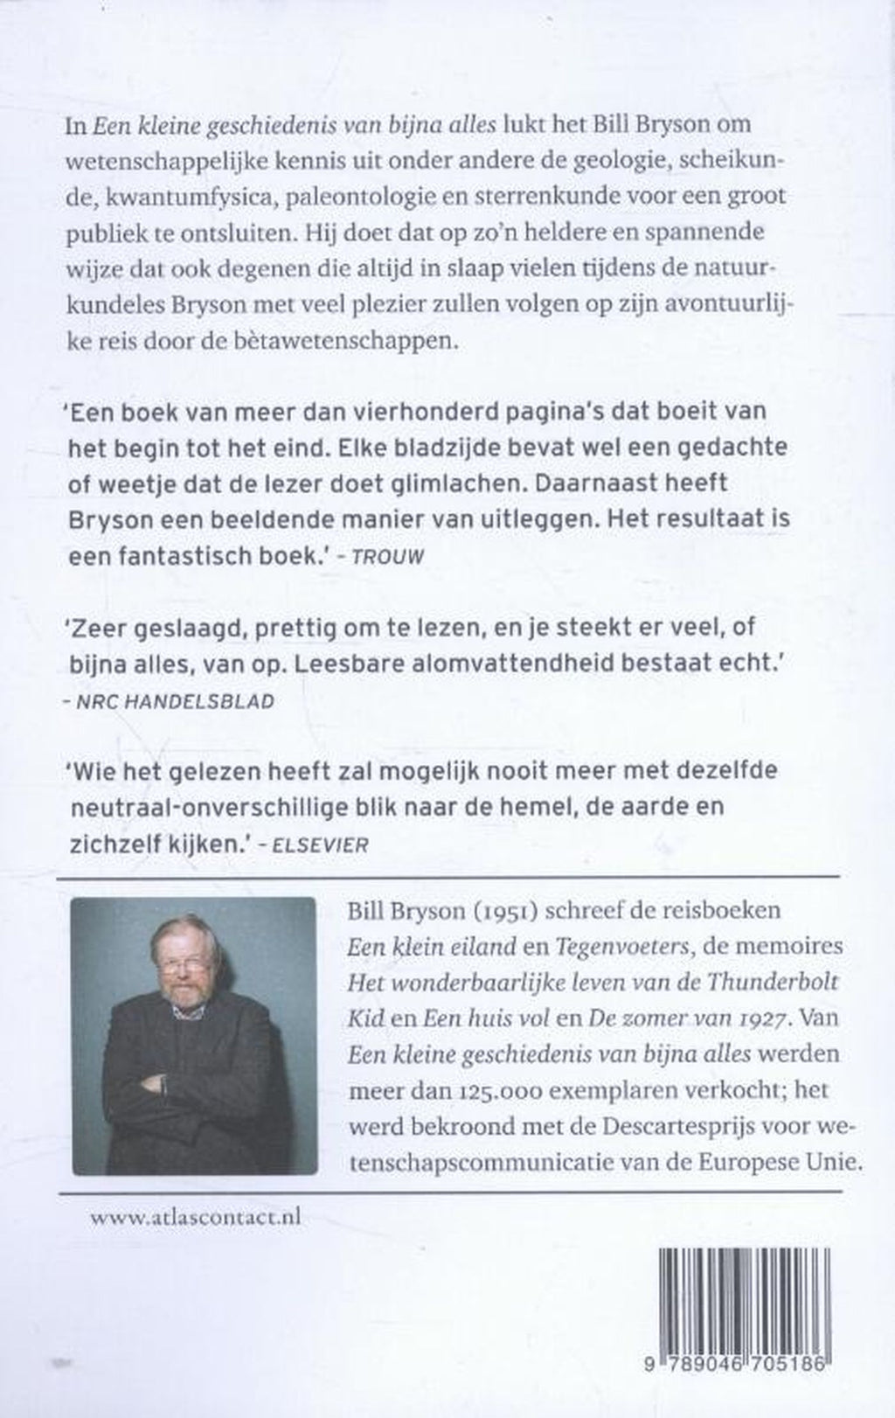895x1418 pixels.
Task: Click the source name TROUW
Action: coord(387,557)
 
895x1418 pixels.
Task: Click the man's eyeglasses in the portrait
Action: coord(184,963)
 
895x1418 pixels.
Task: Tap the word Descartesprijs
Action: coord(656,1127)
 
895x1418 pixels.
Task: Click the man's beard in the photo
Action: coord(185,996)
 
